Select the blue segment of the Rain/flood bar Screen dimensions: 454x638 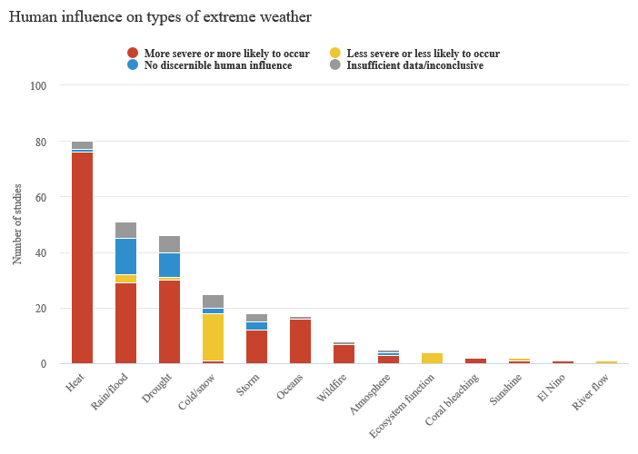[125, 256]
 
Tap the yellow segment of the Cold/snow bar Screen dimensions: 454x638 [213, 337]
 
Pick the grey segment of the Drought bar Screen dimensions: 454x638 [169, 243]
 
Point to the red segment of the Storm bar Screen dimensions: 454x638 [256, 347]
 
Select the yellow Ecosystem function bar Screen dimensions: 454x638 [431, 358]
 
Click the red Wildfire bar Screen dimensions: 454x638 [344, 353]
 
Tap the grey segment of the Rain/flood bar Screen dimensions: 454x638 [125, 230]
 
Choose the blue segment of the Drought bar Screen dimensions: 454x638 [169, 264]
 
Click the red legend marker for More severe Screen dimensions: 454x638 [133, 54]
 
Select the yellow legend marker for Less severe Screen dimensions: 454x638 [335, 54]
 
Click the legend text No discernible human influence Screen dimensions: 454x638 [218, 66]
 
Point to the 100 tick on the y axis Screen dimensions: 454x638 [39, 85]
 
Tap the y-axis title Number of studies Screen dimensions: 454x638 [16, 224]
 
